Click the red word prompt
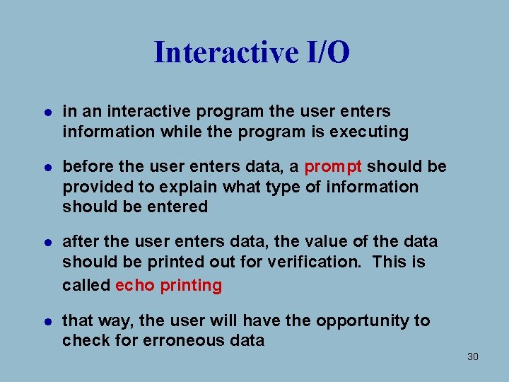click(x=333, y=167)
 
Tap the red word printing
click(x=191, y=286)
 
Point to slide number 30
click(x=473, y=357)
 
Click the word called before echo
click(x=86, y=286)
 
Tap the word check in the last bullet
click(x=83, y=341)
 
